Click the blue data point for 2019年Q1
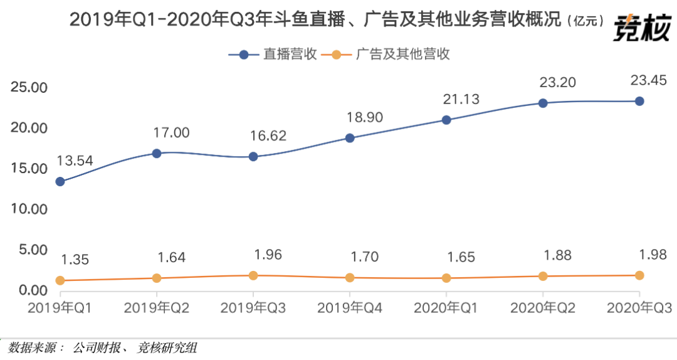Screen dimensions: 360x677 point(60,182)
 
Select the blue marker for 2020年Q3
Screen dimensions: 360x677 point(639,101)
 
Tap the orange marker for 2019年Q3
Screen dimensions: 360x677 point(253,275)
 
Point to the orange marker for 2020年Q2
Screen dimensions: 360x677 point(543,276)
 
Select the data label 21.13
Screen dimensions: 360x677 point(446,100)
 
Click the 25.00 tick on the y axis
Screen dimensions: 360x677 point(29,87)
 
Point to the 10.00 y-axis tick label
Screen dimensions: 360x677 point(29,209)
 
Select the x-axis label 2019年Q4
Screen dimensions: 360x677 point(349,308)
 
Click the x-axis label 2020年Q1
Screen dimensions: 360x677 point(446,308)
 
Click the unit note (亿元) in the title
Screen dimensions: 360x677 point(585,21)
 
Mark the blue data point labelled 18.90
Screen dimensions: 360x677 point(350,138)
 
